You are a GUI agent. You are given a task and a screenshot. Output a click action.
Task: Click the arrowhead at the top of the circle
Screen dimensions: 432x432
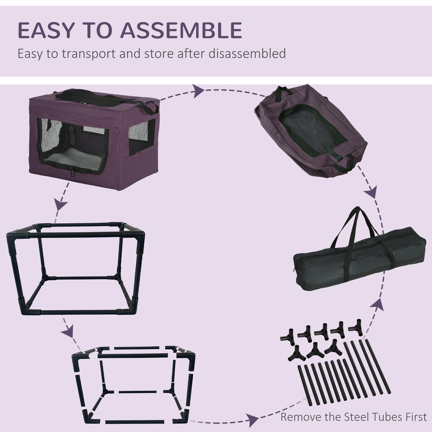click(x=198, y=91)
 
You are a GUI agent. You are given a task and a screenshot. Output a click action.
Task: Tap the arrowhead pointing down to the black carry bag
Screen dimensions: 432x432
click(x=371, y=192)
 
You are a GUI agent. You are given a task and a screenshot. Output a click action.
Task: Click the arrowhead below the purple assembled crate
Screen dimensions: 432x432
click(x=61, y=205)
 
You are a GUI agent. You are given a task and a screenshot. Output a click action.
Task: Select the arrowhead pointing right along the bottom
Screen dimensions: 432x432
click(x=251, y=420)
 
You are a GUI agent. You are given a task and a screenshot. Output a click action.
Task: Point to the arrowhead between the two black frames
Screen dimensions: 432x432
click(x=68, y=331)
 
